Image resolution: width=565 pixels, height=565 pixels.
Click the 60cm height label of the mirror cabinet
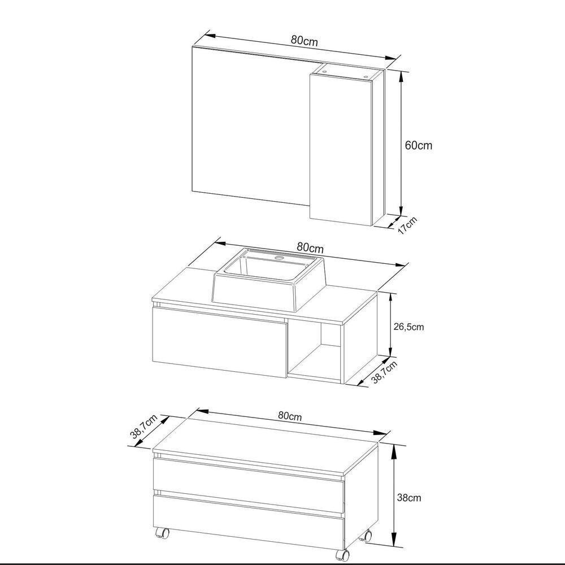[x=418, y=145]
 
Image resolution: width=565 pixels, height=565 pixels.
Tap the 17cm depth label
[x=406, y=226]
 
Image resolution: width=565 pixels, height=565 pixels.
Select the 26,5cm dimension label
[x=408, y=327]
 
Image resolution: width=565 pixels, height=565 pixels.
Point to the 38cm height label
[x=409, y=498]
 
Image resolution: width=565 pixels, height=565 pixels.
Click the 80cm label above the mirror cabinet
[x=303, y=41]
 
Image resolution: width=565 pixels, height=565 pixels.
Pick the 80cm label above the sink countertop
[x=310, y=247]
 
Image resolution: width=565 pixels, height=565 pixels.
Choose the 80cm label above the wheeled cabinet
[x=290, y=416]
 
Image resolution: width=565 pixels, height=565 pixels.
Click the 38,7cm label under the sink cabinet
[x=384, y=372]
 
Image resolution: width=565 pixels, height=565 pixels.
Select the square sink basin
[x=268, y=280]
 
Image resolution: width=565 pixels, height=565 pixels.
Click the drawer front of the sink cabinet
[x=219, y=341]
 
